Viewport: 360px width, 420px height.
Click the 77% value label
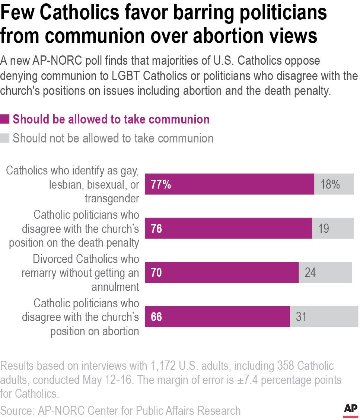click(x=161, y=184)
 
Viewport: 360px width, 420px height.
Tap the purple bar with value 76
click(x=228, y=228)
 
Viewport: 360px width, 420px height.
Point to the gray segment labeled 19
click(x=333, y=228)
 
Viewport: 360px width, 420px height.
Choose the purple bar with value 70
click(x=222, y=272)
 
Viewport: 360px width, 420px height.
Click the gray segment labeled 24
click(x=325, y=272)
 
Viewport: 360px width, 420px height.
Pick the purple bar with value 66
click(x=217, y=317)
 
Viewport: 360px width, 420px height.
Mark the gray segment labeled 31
click(x=324, y=317)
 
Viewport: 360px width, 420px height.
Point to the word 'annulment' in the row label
click(x=116, y=287)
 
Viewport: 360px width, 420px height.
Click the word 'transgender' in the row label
click(x=112, y=199)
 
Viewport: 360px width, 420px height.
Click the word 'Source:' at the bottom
click(x=17, y=410)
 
